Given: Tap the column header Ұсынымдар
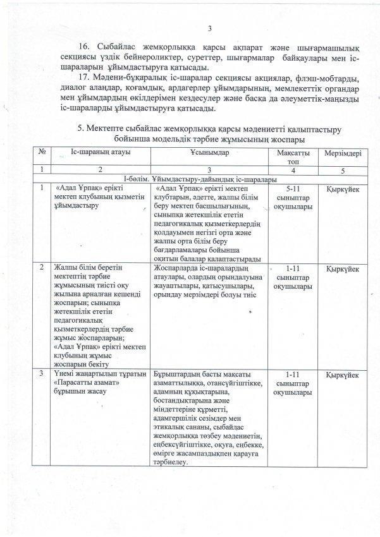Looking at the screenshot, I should (x=209, y=154).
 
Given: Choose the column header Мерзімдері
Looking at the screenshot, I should (x=343, y=154).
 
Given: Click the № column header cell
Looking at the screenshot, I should (x=41, y=153).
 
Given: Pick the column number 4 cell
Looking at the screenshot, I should (x=295, y=171).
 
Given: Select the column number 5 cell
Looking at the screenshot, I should (x=343, y=171).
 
